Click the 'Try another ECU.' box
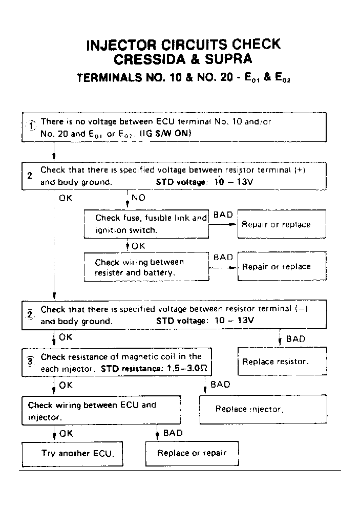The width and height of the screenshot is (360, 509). tap(72, 454)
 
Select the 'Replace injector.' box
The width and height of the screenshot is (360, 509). tap(263, 409)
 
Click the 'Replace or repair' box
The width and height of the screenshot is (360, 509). tap(192, 453)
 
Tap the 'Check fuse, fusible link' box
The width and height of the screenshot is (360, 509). tap(146, 224)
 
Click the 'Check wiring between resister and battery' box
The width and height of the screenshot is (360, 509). tap(146, 267)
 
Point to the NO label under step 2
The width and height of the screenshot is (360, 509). tap(138, 198)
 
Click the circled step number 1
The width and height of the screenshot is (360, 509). tap(32, 125)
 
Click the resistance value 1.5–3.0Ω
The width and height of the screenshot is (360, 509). tap(187, 369)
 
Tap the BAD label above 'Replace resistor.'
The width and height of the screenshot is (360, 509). tap(295, 339)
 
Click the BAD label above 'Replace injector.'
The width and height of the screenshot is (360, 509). tap(220, 385)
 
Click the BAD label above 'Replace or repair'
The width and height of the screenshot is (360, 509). tap(173, 433)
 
